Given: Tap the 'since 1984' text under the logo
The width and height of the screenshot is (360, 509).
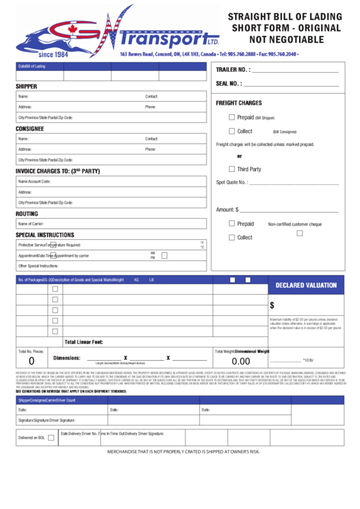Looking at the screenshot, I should (55, 54).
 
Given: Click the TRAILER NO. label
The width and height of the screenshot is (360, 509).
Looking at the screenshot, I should (233, 70).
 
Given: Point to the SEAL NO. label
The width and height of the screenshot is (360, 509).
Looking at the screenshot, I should (229, 84).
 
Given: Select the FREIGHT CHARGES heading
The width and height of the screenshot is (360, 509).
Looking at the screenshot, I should (238, 103).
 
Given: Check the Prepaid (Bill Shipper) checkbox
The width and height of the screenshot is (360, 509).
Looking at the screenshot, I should (232, 117).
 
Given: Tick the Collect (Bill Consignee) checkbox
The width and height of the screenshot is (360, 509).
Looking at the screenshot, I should (232, 131).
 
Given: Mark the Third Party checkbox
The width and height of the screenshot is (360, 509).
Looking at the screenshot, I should (232, 169).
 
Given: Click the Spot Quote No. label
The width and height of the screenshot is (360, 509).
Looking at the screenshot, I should (232, 182).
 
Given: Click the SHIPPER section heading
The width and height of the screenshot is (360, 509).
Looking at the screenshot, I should (26, 86).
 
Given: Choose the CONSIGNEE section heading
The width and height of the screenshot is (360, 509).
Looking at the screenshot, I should (30, 128).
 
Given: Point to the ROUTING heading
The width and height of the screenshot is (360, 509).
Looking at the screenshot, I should (26, 213).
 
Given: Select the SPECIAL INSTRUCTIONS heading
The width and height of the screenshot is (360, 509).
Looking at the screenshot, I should (45, 235).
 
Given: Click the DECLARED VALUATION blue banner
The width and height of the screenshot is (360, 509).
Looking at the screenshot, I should (306, 285).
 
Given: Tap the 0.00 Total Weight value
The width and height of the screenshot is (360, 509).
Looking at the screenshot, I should (240, 362).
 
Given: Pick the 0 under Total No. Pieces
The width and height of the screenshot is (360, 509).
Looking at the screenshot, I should (31, 362).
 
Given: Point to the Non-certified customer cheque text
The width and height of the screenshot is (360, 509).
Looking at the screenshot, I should (295, 224).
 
